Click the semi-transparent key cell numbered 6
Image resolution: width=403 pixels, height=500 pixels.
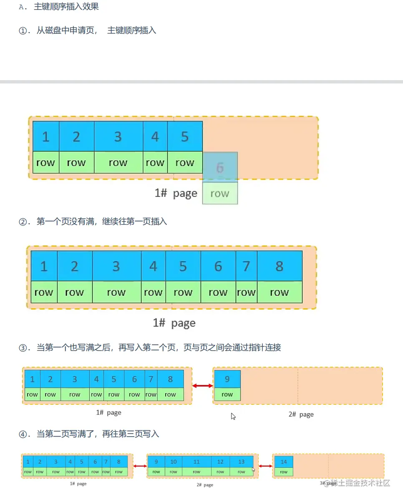tap(220, 167)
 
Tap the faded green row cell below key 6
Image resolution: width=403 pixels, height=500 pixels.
tap(220, 193)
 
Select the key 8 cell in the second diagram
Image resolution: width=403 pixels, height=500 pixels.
tap(280, 266)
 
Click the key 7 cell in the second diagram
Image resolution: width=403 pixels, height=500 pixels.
tap(246, 266)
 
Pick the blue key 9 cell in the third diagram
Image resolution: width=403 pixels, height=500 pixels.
tap(227, 379)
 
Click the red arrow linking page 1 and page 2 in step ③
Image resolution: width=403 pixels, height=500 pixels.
tap(203, 386)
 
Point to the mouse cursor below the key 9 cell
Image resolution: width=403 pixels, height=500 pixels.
tap(233, 416)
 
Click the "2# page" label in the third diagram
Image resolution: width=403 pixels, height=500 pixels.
tap(301, 414)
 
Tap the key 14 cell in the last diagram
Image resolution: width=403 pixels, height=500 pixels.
tap(284, 462)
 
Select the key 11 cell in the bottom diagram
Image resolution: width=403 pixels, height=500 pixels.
tap(196, 462)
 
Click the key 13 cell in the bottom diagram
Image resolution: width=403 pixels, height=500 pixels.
tap(242, 462)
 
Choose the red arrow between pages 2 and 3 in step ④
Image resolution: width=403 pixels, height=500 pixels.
tap(265, 466)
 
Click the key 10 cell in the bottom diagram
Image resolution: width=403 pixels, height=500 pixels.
tap(174, 462)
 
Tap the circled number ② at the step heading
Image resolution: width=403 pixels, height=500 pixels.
tap(23, 222)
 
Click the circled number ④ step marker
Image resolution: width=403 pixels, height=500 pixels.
tap(23, 434)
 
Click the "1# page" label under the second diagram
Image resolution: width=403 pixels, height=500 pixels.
tap(174, 323)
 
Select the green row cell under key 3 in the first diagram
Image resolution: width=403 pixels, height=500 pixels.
tap(118, 163)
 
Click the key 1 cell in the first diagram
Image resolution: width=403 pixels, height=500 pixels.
tap(46, 136)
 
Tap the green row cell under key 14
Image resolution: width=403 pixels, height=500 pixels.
tap(284, 472)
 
